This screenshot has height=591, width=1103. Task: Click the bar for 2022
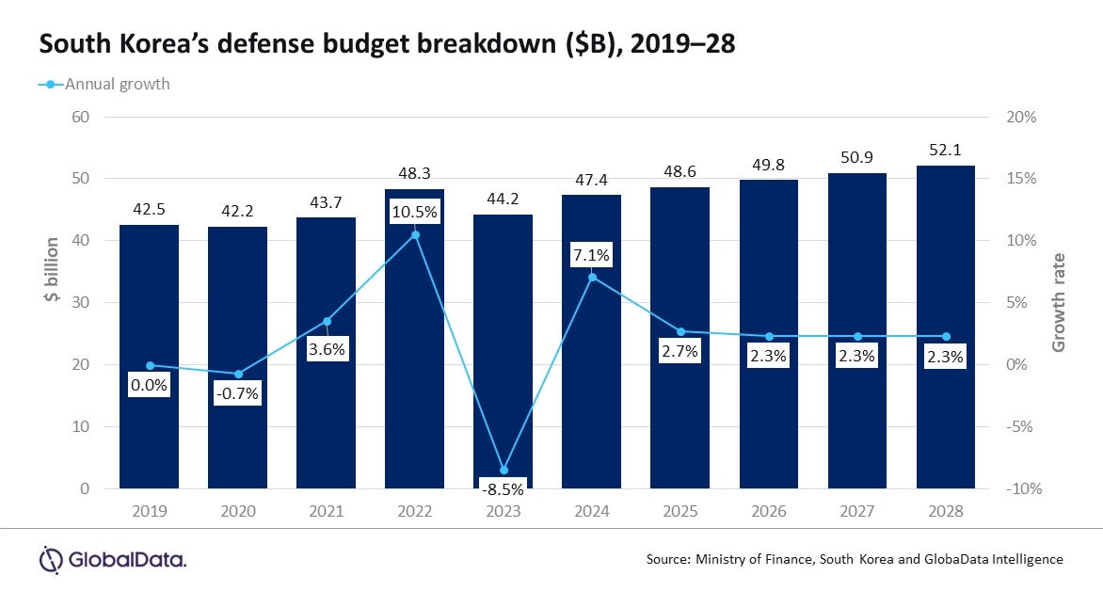coord(415,339)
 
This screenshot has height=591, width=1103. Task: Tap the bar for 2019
coord(149,357)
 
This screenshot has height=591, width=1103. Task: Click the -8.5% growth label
coord(503,488)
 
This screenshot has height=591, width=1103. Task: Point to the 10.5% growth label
coord(415,212)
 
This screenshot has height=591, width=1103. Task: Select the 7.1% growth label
coord(592,255)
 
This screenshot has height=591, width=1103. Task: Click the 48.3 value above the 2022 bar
coord(415,174)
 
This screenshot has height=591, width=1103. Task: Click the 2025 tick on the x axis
coord(680,511)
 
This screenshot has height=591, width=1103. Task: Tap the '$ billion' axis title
coord(51,285)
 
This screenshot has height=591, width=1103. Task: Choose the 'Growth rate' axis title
coord(1060,302)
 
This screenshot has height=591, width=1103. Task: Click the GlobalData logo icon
coord(50,559)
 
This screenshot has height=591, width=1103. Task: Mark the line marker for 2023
coord(504,470)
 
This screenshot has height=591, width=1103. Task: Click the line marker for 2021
coord(327,321)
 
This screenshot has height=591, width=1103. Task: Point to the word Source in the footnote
coord(668,559)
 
